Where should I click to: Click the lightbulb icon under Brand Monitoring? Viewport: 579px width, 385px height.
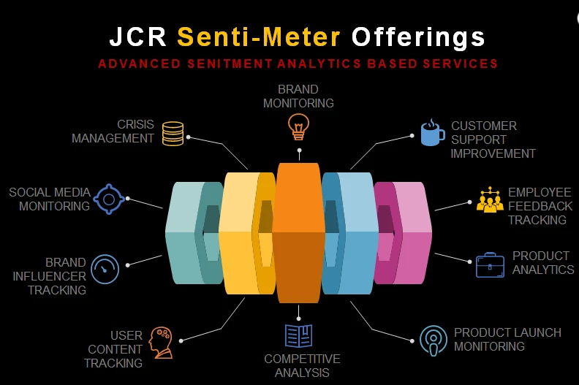pyautogui.click(x=298, y=126)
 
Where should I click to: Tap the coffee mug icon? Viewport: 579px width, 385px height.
pyautogui.click(x=431, y=133)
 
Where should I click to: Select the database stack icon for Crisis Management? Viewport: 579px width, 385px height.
pyautogui.click(x=173, y=133)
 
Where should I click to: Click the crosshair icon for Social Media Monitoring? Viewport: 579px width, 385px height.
pyautogui.click(x=108, y=199)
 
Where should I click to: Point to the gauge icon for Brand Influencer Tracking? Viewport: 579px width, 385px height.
pyautogui.click(x=107, y=268)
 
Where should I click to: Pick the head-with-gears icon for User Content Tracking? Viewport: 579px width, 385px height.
pyautogui.click(x=160, y=342)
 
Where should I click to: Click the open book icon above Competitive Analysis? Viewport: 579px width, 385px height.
pyautogui.click(x=298, y=335)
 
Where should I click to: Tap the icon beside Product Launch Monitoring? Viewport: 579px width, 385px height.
pyautogui.click(x=433, y=340)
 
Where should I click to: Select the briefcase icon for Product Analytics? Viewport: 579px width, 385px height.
pyautogui.click(x=490, y=264)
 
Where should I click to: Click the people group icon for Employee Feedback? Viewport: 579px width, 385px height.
pyautogui.click(x=489, y=200)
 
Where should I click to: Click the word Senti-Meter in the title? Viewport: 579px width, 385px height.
pyautogui.click(x=259, y=37)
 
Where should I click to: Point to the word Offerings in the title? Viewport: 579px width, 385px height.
pyautogui.click(x=418, y=37)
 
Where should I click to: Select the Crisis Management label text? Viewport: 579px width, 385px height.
pyautogui.click(x=113, y=131)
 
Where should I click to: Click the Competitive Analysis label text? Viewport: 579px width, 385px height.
pyautogui.click(x=302, y=366)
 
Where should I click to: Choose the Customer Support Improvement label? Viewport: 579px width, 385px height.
pyautogui.click(x=493, y=140)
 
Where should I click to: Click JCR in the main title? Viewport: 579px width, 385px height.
pyautogui.click(x=139, y=37)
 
